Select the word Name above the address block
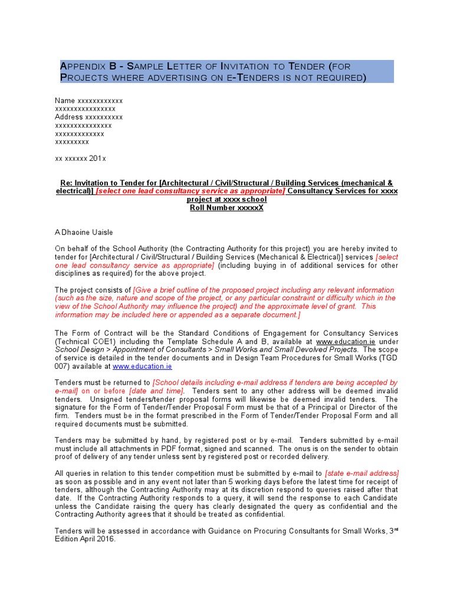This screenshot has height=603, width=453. click(x=65, y=101)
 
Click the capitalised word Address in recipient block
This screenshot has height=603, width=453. click(x=70, y=117)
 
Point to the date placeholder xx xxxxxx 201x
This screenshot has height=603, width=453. click(x=80, y=159)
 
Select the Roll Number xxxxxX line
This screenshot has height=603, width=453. click(x=226, y=208)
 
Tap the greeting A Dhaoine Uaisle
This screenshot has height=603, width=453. click(x=83, y=232)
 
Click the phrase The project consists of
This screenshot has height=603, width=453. click(x=93, y=290)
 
